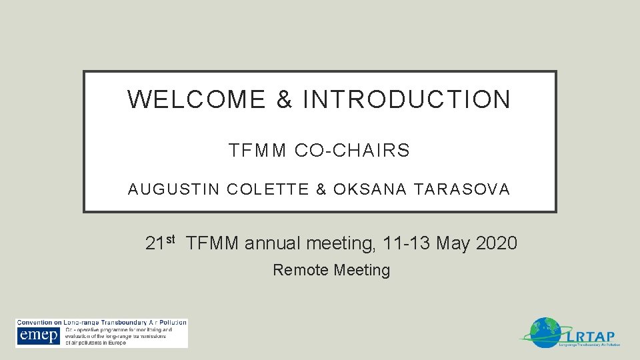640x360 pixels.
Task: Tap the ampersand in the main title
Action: point(284,99)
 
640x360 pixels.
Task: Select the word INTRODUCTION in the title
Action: point(407,99)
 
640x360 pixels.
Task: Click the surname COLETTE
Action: point(268,189)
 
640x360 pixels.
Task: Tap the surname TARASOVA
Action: point(461,189)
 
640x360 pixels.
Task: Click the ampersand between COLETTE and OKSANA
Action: point(321,189)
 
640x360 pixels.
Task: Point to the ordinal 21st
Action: point(160,243)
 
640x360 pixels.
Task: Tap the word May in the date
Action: point(453,243)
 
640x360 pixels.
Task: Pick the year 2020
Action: point(497,243)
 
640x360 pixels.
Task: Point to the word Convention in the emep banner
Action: point(36,323)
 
